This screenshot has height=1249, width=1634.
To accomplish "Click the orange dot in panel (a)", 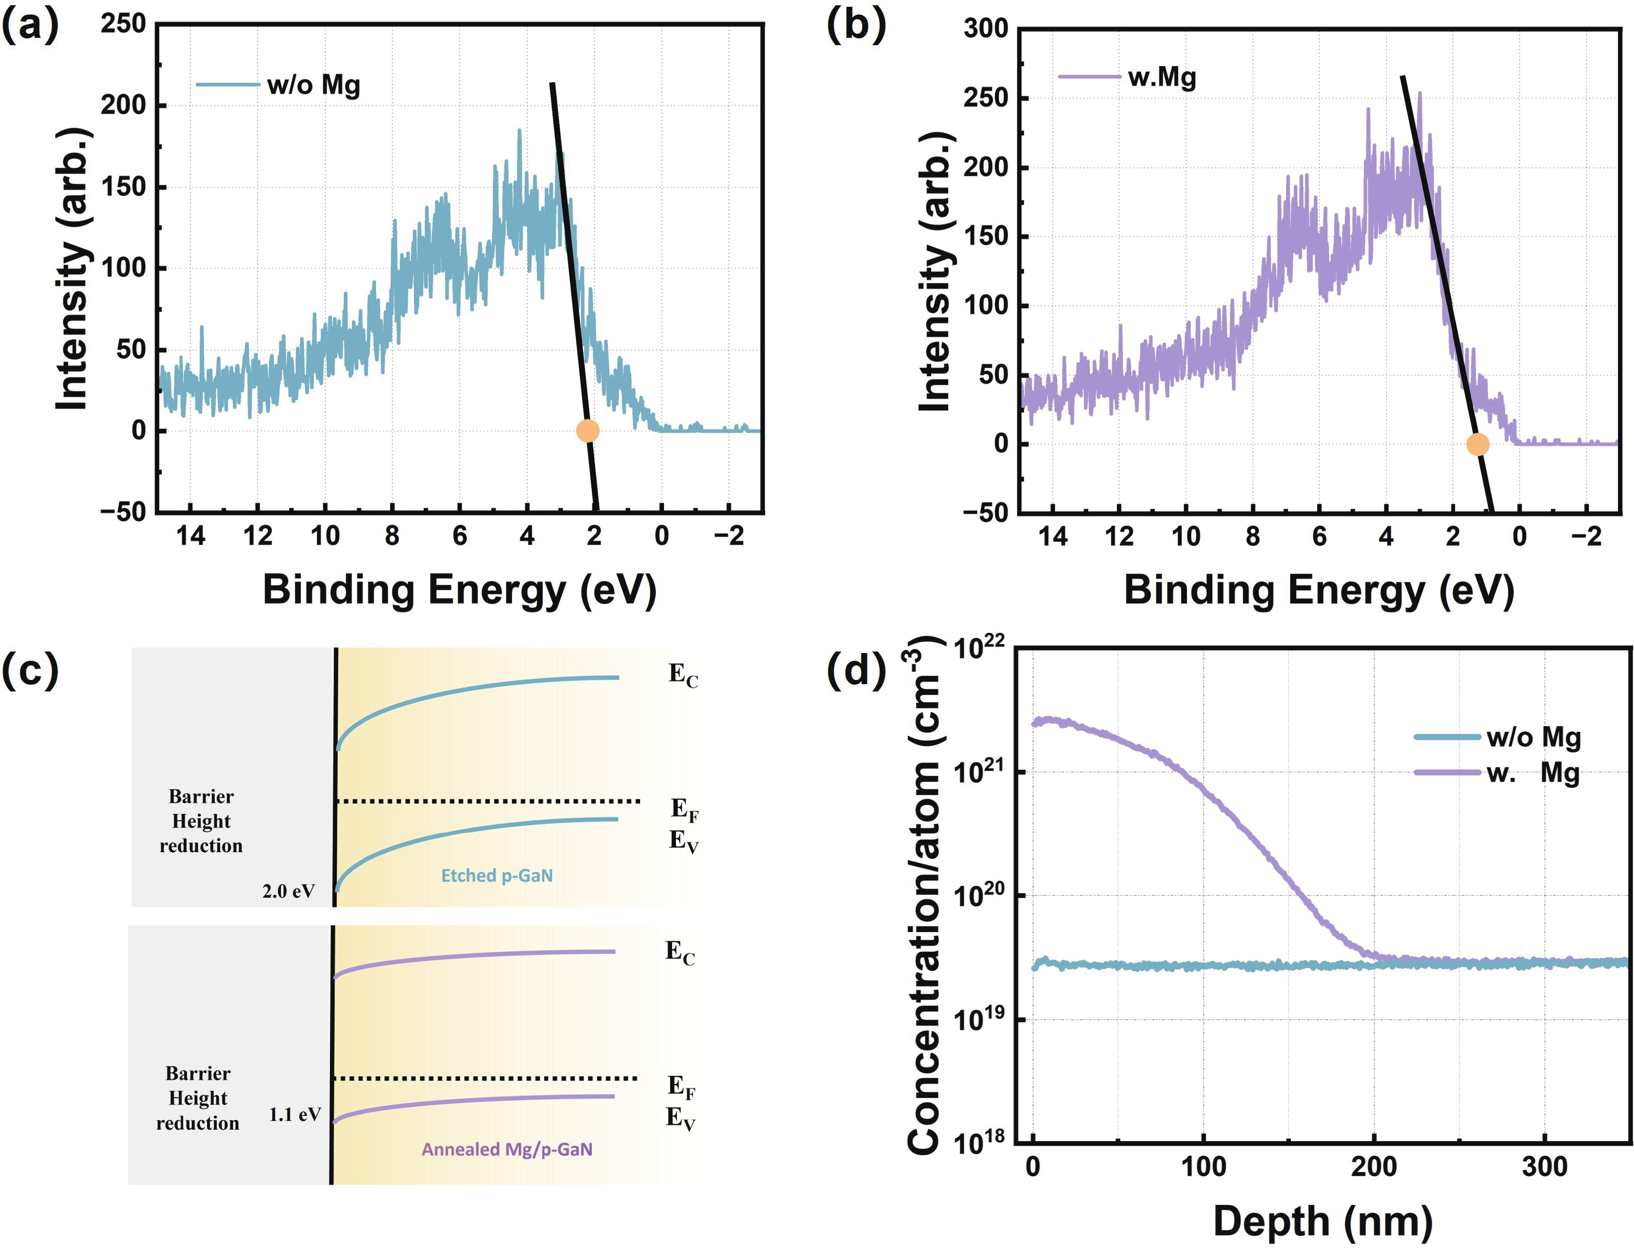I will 587,431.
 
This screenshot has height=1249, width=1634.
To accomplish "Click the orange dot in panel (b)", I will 1477,444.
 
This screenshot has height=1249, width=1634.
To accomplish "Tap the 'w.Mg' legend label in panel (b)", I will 1161,77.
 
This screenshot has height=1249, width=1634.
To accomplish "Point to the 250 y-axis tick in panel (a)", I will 123,24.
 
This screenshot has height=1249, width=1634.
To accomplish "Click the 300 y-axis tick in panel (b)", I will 986,29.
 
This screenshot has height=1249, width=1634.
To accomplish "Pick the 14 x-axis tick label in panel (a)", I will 190,535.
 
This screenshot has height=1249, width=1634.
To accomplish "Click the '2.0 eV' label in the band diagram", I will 288,891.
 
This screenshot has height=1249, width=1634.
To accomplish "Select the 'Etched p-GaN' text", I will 496,875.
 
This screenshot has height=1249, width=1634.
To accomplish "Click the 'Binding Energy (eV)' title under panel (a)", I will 460,590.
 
